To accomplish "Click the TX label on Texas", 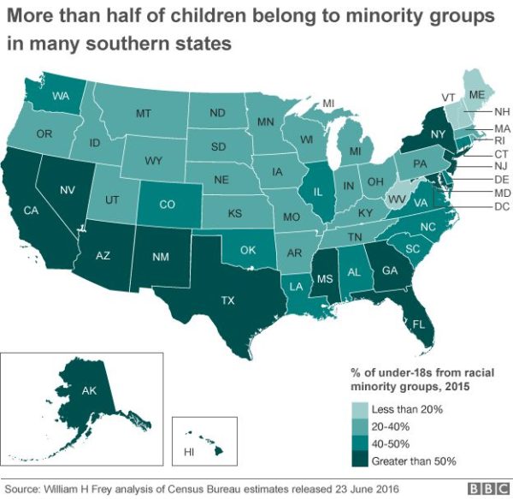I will pyautogui.click(x=227, y=300).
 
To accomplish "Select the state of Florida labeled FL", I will pyautogui.click(x=418, y=325).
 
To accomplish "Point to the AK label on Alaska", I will pyautogui.click(x=90, y=390).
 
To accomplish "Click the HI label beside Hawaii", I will pyautogui.click(x=190, y=450).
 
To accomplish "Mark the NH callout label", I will pyautogui.click(x=502, y=112).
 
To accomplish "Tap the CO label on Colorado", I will pyautogui.click(x=168, y=205).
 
